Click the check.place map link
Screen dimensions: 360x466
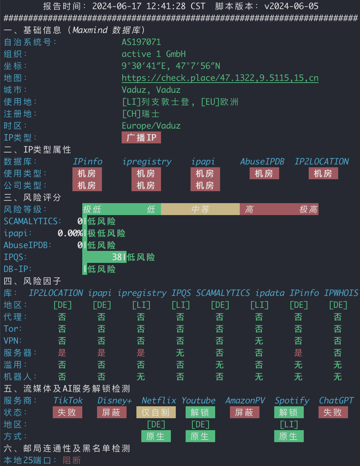(x=220, y=78)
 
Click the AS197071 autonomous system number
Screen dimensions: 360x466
(x=141, y=42)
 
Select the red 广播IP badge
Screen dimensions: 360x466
(x=141, y=137)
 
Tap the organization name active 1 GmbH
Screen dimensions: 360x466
(x=154, y=54)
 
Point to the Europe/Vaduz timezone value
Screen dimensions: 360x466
(x=151, y=126)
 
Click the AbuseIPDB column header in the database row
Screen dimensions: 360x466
(x=262, y=161)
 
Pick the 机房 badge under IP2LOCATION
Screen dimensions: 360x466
(x=323, y=173)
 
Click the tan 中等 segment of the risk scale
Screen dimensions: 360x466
(x=200, y=209)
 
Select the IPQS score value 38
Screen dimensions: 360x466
(x=117, y=257)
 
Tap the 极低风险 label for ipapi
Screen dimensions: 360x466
(x=107, y=233)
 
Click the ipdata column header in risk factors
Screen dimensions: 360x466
(x=270, y=293)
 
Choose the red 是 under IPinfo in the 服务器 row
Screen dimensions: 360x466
(x=298, y=352)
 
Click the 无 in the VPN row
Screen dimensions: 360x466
(x=259, y=341)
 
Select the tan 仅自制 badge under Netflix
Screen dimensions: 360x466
(x=156, y=412)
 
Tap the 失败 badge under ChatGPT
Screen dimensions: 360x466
(x=333, y=412)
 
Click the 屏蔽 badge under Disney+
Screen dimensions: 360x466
(x=111, y=412)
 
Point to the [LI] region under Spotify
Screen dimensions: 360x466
(x=289, y=425)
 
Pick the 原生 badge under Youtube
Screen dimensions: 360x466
(x=200, y=436)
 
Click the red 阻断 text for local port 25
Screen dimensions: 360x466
(x=72, y=460)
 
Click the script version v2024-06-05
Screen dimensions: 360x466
(x=291, y=6)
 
